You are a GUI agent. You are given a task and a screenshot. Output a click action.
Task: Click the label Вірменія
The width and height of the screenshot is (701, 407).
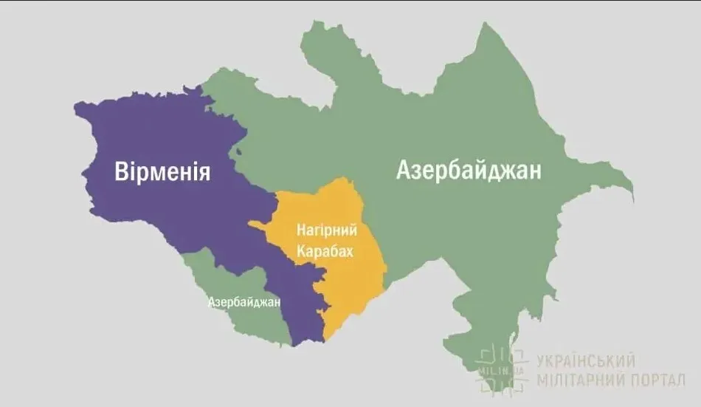(163, 171)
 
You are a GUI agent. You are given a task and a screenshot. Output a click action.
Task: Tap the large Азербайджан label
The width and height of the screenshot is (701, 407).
(469, 171)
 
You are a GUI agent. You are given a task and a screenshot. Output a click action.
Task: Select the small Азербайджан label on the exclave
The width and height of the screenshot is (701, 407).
(244, 302)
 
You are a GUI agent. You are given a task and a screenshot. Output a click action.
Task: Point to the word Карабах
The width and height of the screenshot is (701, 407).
(325, 251)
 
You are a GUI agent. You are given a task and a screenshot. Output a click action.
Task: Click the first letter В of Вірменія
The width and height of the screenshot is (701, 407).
(122, 171)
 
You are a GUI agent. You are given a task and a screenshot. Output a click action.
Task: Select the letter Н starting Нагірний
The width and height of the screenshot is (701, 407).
(300, 230)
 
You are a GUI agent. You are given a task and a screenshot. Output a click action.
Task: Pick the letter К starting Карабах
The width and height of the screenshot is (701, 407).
(300, 251)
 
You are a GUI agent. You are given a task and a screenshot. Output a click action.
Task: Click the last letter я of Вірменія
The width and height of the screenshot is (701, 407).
(205, 173)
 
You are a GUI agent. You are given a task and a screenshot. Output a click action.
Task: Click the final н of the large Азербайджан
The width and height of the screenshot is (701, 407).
(536, 171)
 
